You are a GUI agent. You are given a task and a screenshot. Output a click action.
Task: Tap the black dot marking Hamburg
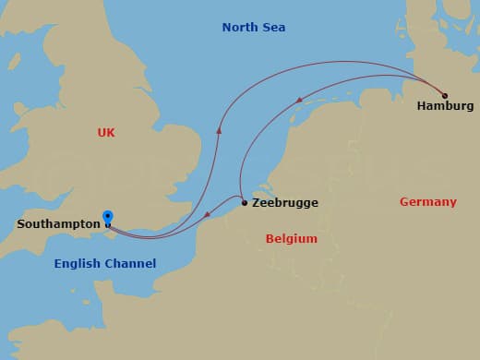[445, 95]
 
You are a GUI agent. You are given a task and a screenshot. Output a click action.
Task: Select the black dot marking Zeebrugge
[244, 203]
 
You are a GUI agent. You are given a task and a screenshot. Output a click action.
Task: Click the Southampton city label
[58, 223]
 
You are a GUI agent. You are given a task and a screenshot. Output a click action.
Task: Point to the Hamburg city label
[438, 106]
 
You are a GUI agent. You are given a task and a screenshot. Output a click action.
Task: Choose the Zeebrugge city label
[285, 203]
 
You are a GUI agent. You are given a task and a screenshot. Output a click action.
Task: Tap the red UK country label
[106, 133]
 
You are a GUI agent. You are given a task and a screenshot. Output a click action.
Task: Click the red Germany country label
[427, 201]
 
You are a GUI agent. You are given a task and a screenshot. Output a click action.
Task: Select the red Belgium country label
[291, 238]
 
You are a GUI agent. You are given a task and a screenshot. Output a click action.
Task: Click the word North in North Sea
[239, 28]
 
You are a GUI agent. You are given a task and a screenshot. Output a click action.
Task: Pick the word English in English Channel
[76, 263]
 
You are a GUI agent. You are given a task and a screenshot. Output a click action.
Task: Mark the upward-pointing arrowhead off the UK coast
[219, 131]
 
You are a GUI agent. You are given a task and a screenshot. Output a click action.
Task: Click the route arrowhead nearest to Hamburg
[298, 100]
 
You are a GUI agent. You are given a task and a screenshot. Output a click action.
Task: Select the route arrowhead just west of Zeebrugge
[209, 216]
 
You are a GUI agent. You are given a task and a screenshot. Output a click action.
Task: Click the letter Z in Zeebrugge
[256, 203]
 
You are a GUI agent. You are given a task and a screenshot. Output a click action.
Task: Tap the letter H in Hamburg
[422, 106]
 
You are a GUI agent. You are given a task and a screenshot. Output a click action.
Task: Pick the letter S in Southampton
[21, 223]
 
